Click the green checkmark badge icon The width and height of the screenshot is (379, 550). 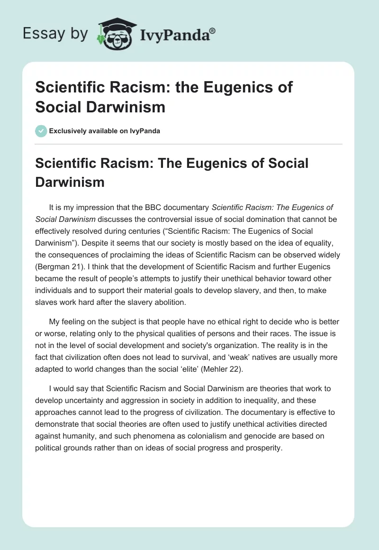pyautogui.click(x=41, y=131)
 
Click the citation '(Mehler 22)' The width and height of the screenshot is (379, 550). pyautogui.click(x=225, y=369)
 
